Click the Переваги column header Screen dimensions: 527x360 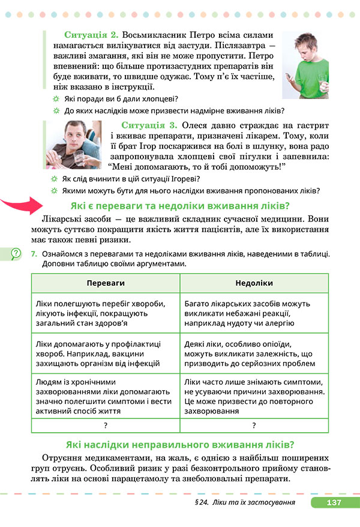point(105,283)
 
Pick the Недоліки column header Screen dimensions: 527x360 point(254,283)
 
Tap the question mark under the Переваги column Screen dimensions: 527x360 point(105,425)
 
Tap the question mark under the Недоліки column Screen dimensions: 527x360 point(254,425)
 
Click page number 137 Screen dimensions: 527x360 point(334,502)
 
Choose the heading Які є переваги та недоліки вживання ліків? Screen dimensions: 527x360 point(181,206)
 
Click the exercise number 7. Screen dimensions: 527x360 point(34,254)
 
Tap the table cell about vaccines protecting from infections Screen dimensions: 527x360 point(105,354)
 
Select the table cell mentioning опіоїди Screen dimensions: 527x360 point(254,354)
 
